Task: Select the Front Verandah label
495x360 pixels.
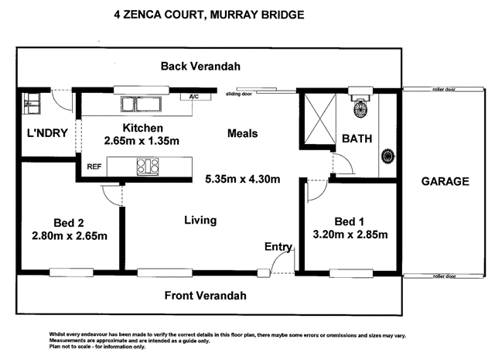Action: point(207,296)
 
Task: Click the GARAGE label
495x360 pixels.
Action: point(445,182)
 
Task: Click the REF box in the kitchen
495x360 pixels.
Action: point(94,166)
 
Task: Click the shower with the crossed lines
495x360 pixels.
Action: point(316,119)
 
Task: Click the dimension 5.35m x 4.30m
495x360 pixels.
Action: point(242,180)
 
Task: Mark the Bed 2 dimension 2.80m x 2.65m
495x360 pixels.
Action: point(70,235)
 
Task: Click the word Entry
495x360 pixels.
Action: point(278,248)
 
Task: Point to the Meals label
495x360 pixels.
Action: point(242,133)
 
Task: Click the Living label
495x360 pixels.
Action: point(200,221)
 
